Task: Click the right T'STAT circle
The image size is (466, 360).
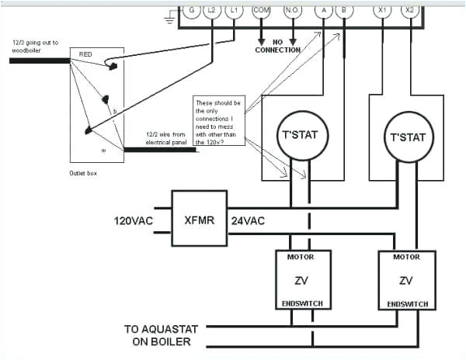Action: tap(406, 137)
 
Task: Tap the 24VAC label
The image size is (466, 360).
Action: tap(248, 221)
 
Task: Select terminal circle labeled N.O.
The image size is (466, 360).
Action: tap(294, 11)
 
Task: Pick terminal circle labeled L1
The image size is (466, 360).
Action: tap(235, 11)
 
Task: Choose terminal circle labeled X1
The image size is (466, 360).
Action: tap(381, 11)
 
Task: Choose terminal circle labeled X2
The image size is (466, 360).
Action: tap(409, 11)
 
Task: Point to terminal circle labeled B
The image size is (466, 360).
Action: tap(343, 11)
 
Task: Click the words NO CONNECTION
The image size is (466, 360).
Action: tap(277, 46)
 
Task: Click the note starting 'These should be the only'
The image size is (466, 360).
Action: tap(218, 121)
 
